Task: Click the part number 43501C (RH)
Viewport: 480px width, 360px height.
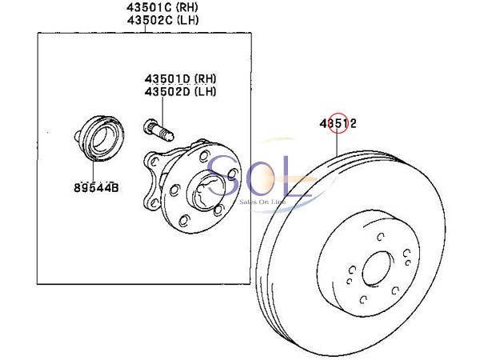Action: point(162,6)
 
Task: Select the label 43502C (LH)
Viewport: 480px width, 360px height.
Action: point(162,20)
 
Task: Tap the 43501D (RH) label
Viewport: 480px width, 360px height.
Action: point(180,78)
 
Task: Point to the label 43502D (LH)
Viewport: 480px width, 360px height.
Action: point(180,91)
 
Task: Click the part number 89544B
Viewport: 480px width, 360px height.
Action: point(96,187)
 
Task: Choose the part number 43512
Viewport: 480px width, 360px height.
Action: point(338,124)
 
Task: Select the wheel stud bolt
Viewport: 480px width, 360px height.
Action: point(158,130)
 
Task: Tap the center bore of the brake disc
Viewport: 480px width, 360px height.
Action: point(377,269)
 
